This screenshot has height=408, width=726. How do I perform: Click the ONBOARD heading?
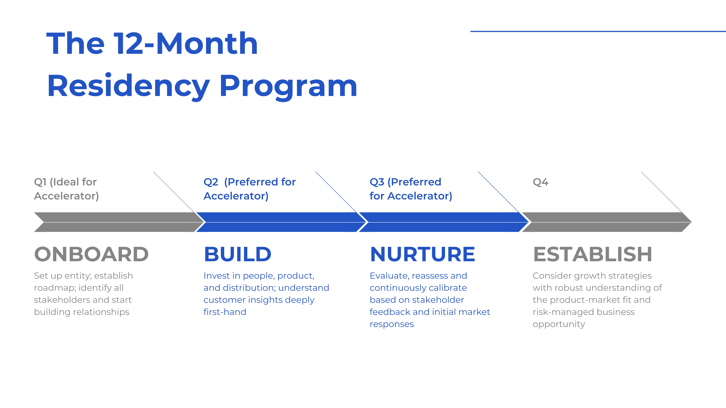[91, 254]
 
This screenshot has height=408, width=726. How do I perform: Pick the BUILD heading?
[238, 254]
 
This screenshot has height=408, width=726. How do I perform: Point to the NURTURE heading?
[422, 254]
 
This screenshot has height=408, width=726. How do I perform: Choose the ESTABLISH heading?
[592, 254]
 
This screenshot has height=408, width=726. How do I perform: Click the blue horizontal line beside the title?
[598, 31]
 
